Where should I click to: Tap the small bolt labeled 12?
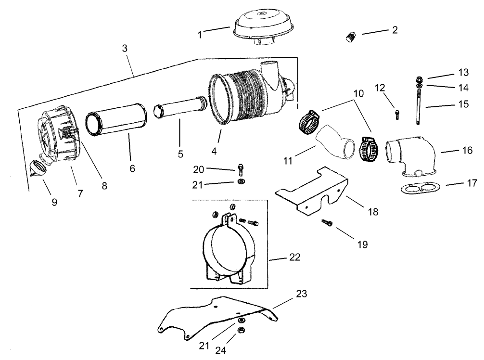click(396, 114)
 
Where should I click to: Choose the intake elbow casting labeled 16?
click(411, 154)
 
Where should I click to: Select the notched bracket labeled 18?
click(313, 190)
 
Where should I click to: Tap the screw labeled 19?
click(327, 222)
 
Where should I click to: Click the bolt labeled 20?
click(240, 169)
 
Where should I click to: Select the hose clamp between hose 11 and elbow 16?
click(369, 149)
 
